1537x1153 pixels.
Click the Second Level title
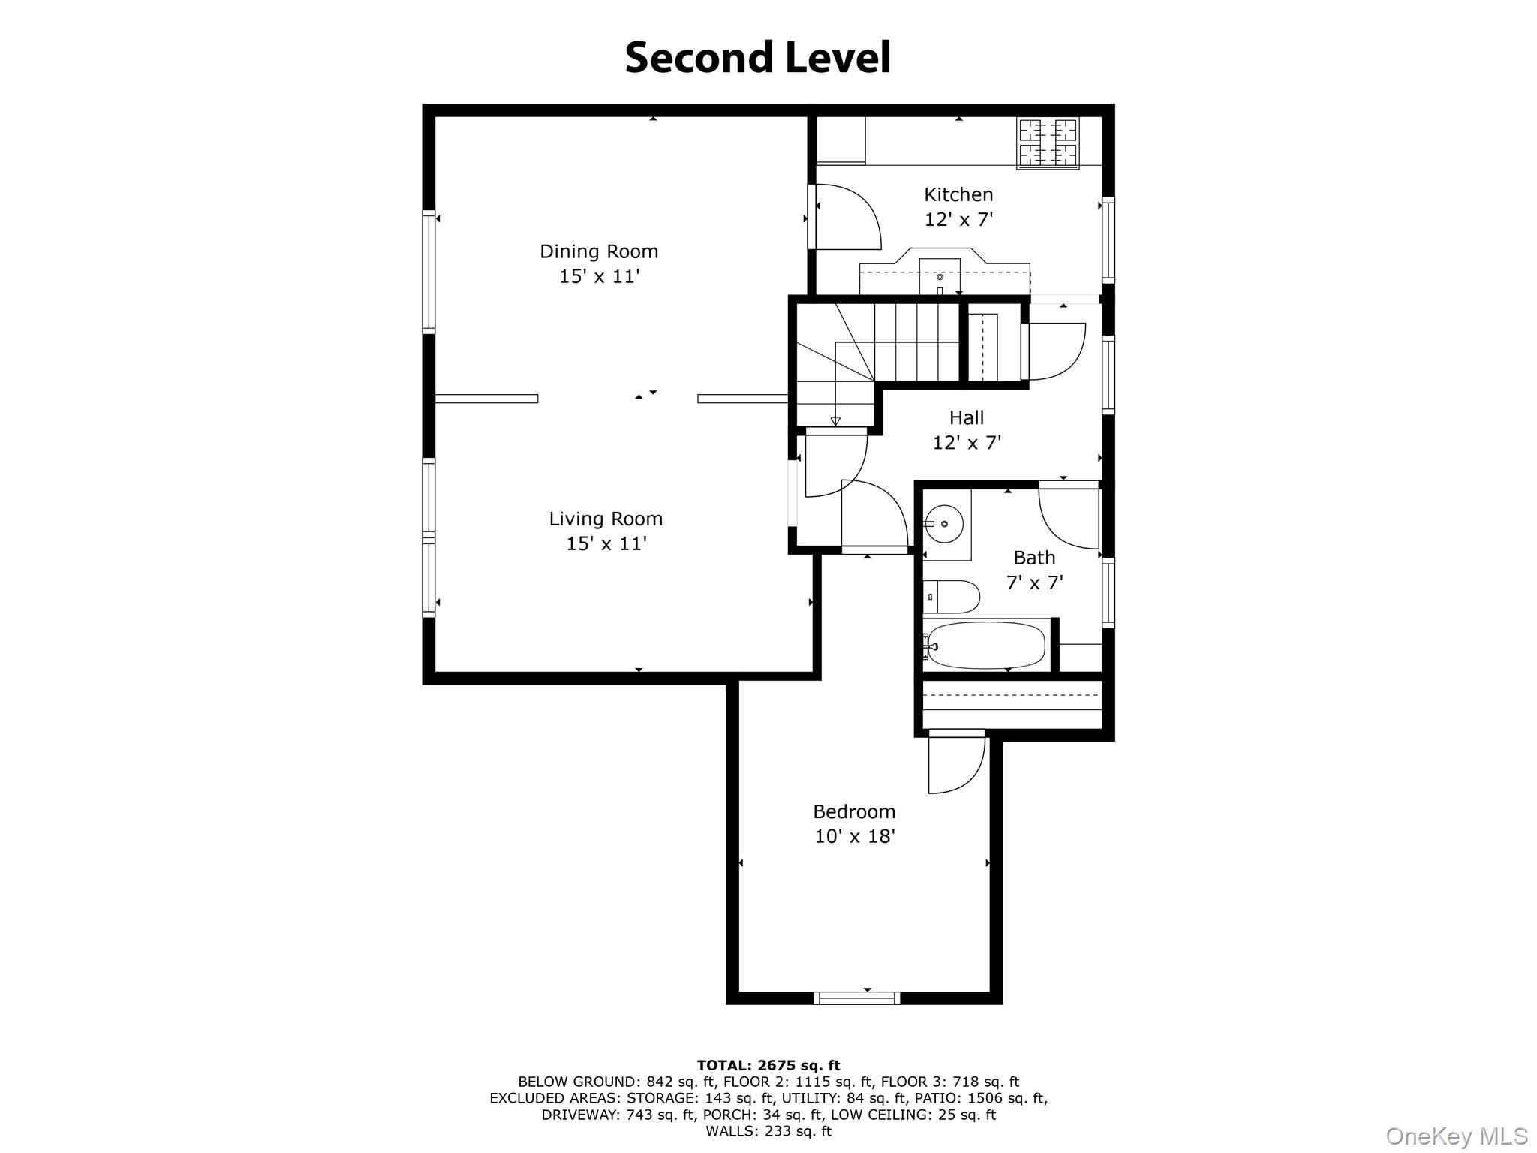point(757,58)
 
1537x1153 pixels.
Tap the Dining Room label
point(598,251)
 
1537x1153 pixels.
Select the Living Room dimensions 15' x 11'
point(606,543)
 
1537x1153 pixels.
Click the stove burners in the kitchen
point(1048,143)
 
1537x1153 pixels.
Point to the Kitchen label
point(958,195)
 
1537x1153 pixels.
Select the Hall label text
point(966,417)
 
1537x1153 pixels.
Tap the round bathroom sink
point(944,523)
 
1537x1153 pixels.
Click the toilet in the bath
point(951,598)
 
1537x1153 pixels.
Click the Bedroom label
point(854,811)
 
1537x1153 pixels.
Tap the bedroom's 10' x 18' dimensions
point(855,836)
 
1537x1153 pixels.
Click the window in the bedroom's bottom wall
point(856,998)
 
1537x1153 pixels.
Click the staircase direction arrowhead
point(835,421)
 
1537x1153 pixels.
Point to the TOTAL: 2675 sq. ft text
point(768,1065)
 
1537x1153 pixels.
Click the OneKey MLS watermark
point(1456,1136)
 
